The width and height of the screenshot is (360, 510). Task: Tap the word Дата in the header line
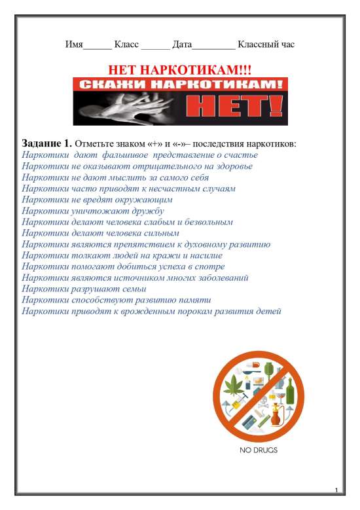182,45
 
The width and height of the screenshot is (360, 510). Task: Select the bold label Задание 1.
46,143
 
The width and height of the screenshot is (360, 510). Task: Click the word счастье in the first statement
242,155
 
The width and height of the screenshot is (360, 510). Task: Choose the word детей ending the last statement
268,311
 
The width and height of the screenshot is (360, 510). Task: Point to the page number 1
335,490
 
